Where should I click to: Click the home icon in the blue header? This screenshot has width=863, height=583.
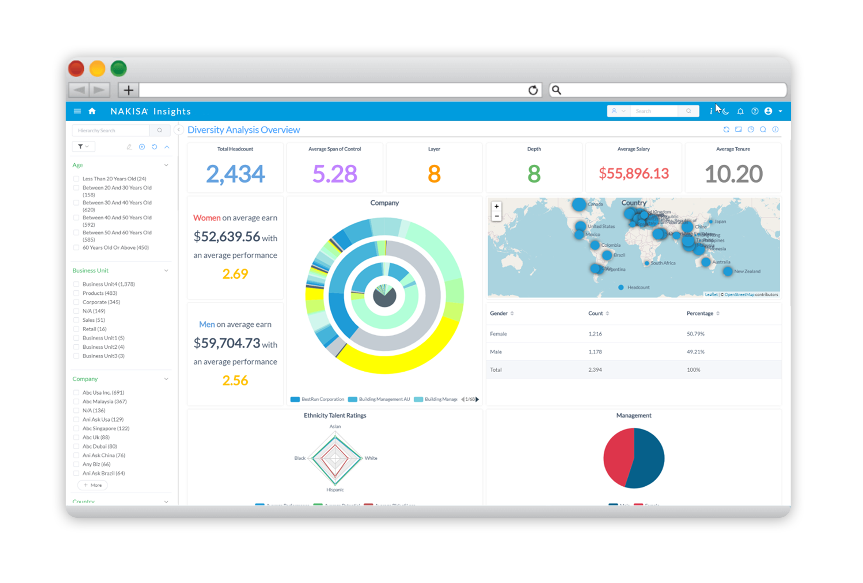coord(92,111)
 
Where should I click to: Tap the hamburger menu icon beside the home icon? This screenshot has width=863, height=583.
coord(77,111)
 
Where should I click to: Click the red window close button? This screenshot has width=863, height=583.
coord(76,69)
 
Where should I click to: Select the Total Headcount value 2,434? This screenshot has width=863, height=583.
coord(235,174)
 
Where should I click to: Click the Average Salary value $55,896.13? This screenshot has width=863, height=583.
coord(634,173)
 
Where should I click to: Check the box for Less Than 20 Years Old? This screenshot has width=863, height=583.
coord(76,179)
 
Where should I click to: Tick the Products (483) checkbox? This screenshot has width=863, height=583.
coord(76,293)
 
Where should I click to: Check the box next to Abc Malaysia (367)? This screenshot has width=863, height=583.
coord(76,402)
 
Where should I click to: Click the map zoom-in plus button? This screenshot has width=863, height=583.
coord(497,206)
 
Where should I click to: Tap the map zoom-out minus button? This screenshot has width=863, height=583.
coord(497,216)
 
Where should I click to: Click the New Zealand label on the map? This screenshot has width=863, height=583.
coord(747,272)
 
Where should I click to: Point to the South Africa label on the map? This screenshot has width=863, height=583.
coord(663,263)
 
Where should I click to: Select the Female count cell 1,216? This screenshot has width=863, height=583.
coord(595,334)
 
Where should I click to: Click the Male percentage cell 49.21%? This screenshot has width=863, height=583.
coord(695,352)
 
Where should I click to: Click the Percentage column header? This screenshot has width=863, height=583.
coord(700,313)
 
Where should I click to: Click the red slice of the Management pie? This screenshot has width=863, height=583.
coord(617,457)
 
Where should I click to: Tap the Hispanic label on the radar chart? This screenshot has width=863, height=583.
coord(335,490)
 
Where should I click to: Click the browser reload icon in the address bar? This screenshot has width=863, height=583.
coord(533,90)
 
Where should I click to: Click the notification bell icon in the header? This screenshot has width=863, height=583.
coord(740,111)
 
